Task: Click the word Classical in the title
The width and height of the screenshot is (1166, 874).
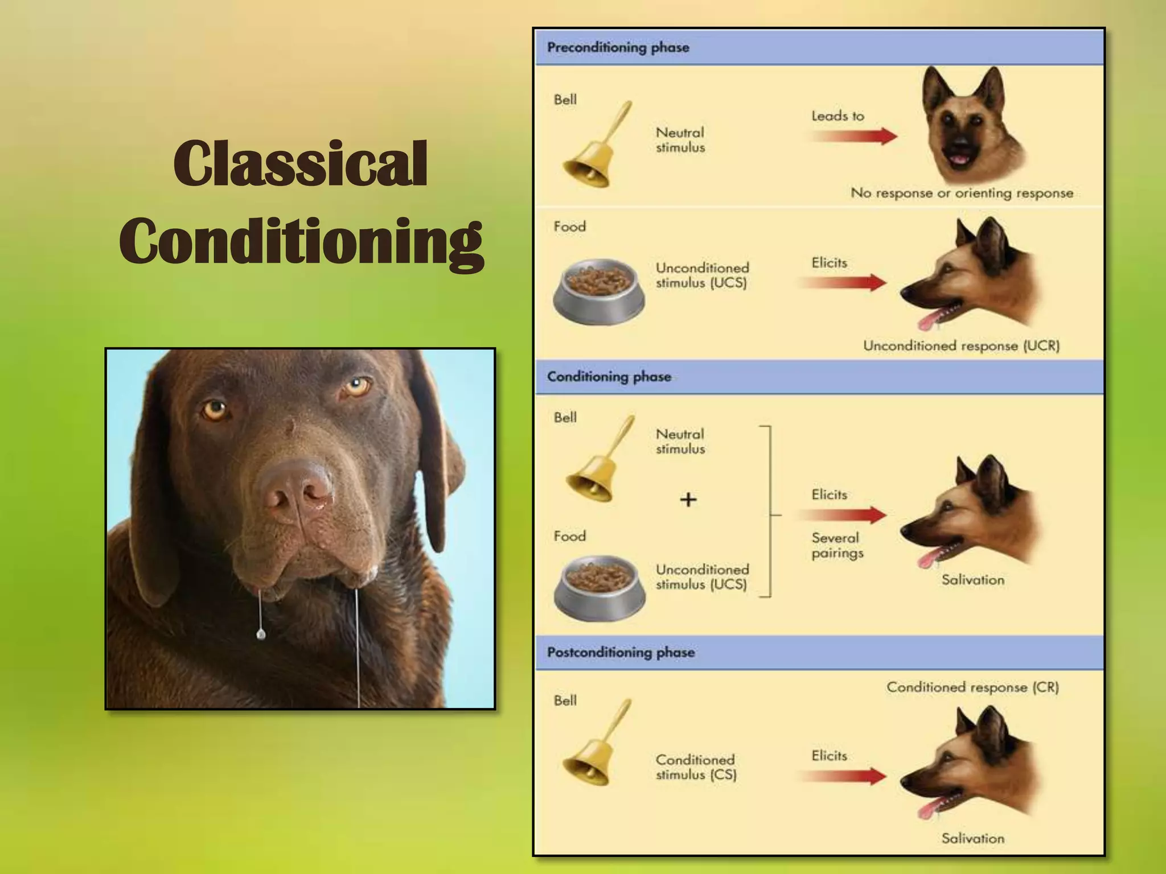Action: pos(300,164)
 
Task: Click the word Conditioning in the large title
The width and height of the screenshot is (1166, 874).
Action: pos(301,241)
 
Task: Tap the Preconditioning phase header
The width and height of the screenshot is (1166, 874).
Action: pos(618,47)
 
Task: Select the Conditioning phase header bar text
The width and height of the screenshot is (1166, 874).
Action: pos(609,377)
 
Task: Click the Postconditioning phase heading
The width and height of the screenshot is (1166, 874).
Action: pos(621,652)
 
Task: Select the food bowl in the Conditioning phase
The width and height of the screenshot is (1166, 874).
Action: pos(599,588)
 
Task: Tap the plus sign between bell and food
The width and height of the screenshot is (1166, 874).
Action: pos(688,500)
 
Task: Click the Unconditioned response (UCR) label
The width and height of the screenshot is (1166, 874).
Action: pos(961,346)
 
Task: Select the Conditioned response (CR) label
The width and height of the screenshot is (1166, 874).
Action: pos(972,687)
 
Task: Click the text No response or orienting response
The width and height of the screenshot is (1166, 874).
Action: pos(962,193)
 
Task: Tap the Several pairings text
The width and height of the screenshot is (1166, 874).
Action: pos(837,545)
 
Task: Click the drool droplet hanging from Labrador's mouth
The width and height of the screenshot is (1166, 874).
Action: pos(261,634)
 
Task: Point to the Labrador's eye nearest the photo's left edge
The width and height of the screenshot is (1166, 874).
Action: pos(215,409)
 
